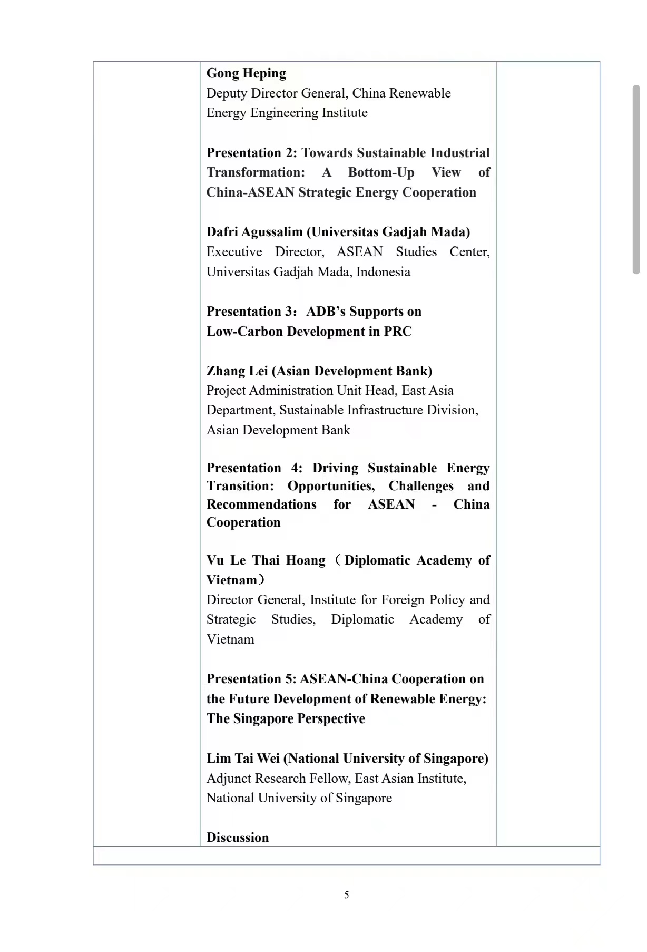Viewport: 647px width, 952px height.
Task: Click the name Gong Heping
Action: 246,73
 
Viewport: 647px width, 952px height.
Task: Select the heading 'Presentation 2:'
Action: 252,153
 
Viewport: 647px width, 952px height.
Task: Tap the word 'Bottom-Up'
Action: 381,172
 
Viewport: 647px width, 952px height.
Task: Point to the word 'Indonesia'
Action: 383,272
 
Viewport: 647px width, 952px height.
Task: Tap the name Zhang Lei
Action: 237,371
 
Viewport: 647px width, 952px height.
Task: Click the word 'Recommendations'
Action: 261,504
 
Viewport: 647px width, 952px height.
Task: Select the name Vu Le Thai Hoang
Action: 266,560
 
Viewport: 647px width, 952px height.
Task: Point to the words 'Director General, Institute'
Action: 281,600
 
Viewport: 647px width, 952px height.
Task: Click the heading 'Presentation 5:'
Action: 251,679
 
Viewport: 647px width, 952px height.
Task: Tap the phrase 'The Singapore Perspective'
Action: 286,719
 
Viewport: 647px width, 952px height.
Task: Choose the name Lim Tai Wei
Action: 243,759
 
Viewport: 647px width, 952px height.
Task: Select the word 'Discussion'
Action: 238,838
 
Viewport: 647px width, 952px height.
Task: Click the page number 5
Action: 347,895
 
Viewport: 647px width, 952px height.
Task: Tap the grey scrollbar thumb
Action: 636,179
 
